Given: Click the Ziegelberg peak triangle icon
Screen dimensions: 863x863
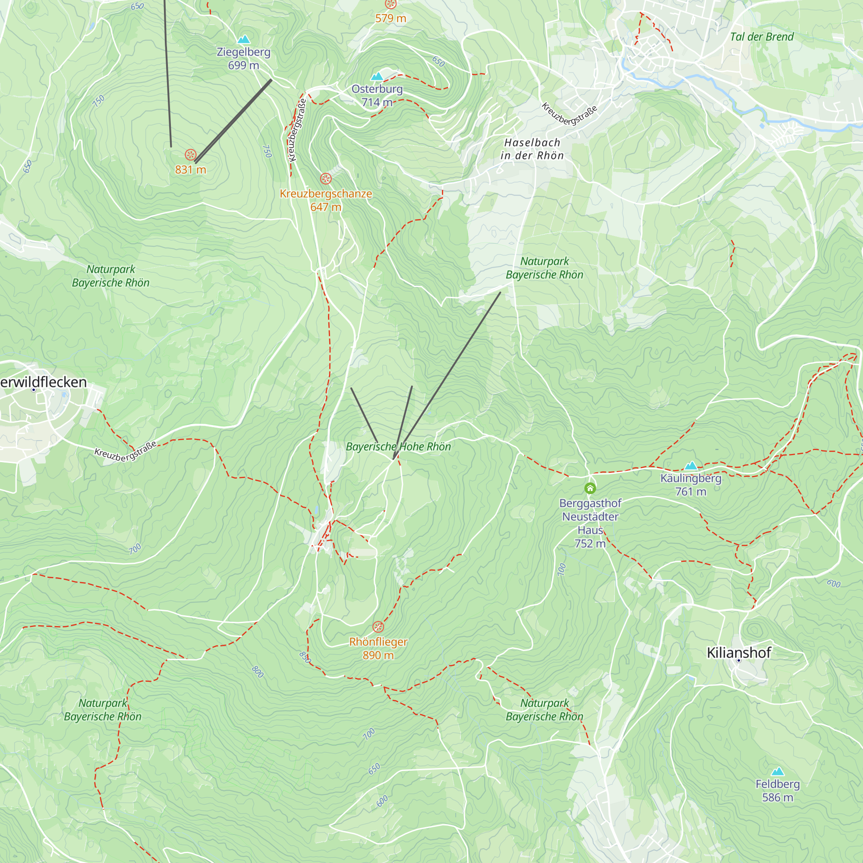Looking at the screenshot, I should pos(243,40).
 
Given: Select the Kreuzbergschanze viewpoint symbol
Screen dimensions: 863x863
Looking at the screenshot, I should pos(326,179).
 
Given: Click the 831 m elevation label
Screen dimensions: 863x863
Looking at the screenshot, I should pos(190,170).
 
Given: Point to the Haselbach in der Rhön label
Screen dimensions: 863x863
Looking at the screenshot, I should pos(532,149).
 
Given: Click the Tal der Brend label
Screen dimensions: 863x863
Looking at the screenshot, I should pos(762,37).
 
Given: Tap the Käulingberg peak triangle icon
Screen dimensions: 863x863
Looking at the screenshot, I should pos(690,466).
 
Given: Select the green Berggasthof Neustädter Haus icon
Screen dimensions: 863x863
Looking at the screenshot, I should pos(590,488).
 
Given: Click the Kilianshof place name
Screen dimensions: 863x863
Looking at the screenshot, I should pos(738,652).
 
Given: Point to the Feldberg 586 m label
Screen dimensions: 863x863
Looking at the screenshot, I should pos(777,790).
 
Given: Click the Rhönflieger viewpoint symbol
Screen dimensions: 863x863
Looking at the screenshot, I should pos(378,627).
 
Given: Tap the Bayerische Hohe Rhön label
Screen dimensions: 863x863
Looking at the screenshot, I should pos(398,446).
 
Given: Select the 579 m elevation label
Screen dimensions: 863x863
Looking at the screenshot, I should pos(391,18).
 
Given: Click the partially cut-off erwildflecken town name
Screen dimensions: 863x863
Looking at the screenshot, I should pos(43,382).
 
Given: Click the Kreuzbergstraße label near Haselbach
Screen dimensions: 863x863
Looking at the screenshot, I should pos(569,113).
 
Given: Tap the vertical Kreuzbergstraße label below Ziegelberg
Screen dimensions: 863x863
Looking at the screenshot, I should pos(297,130).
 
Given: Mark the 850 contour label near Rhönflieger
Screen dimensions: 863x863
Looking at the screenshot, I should pos(305,657).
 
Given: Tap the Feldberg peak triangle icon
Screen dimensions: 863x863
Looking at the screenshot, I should pos(777,772).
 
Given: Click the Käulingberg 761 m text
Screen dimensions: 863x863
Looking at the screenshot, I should pos(690,485).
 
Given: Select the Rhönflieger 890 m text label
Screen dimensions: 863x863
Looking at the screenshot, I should pos(378,648).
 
